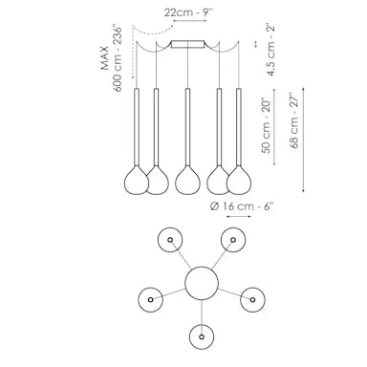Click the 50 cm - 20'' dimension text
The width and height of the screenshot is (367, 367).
click(271, 127)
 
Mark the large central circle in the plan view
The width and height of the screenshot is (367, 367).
click(201, 284)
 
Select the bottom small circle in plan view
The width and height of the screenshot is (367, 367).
click(201, 335)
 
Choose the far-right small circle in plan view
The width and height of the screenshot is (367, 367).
click(251, 297)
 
